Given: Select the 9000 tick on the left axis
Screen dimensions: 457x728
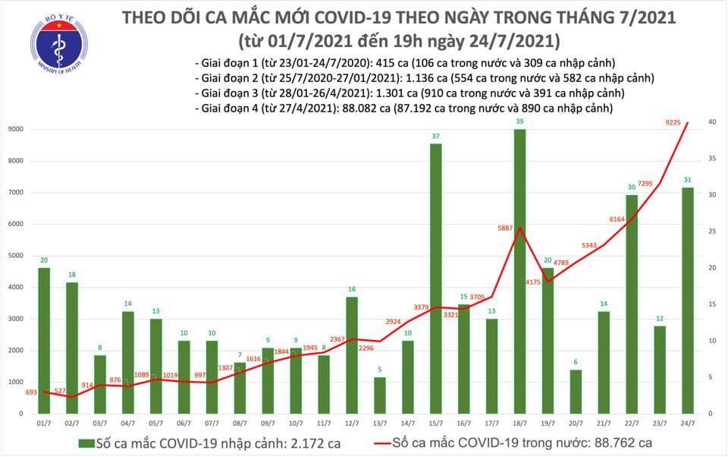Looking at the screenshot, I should coord(16,130).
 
